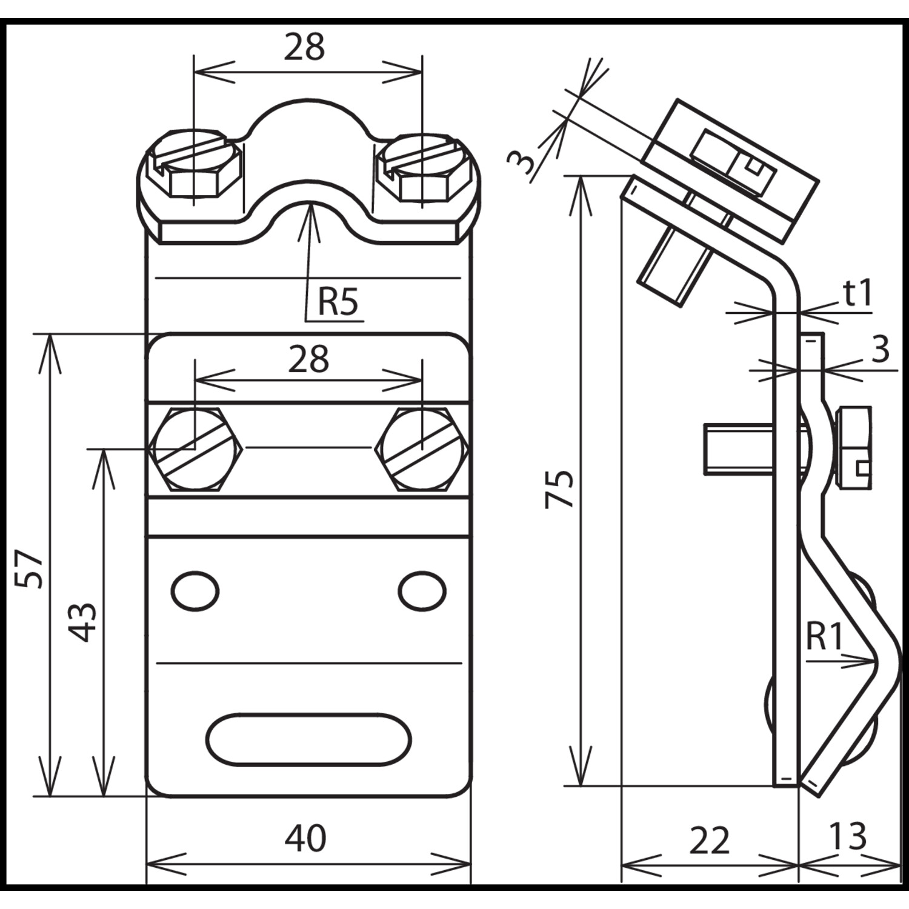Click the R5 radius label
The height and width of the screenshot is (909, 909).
pos(338,302)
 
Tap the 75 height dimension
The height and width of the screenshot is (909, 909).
pos(559,488)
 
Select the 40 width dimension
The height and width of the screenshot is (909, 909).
pos(305,839)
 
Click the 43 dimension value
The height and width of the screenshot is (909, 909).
pos(82,622)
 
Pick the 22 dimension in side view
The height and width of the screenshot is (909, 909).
pos(709,841)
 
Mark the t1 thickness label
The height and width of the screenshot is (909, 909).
pos(857,294)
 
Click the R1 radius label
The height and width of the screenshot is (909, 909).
pos(825,637)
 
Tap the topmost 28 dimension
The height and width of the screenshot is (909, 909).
pos(304,47)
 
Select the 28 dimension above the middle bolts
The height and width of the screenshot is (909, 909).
pos(308,359)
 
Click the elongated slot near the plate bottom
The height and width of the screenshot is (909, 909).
pos(308,738)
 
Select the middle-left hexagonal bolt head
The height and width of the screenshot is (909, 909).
pos(195,449)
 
